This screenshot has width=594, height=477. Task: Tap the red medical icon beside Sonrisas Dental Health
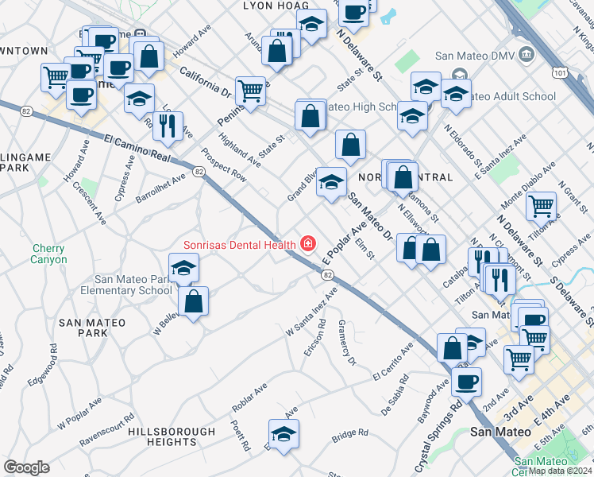(x=306, y=244)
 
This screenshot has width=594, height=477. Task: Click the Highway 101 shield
(x=561, y=73)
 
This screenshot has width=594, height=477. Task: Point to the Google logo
(x=26, y=467)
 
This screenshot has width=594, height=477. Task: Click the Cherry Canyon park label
(x=48, y=254)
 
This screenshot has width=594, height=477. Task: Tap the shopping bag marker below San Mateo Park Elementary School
(x=193, y=301)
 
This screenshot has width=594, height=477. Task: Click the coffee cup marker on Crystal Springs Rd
(x=466, y=380)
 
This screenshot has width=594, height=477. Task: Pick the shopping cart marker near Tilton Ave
(x=541, y=205)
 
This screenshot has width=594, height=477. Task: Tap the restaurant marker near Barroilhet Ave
(x=168, y=124)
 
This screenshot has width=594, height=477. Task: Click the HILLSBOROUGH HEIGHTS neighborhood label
(x=172, y=436)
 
